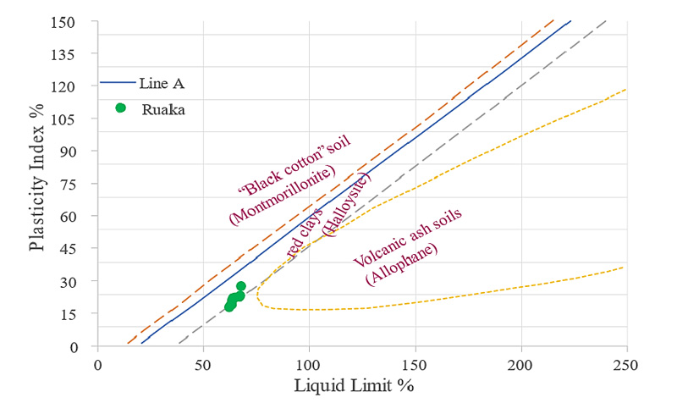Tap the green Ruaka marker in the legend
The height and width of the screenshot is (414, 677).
120,108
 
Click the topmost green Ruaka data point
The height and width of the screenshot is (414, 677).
240,286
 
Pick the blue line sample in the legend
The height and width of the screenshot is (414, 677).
117,83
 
